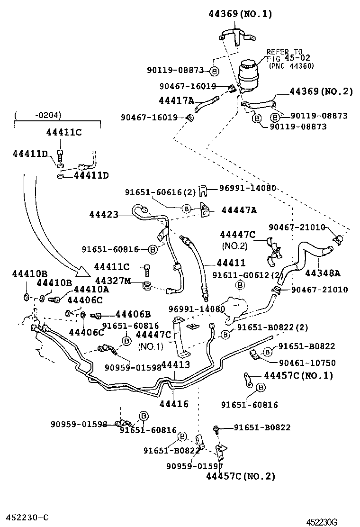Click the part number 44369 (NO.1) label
pyautogui.click(x=240, y=14)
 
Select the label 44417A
pyautogui.click(x=176, y=100)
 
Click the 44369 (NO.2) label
pyautogui.click(x=321, y=91)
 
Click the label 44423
pyautogui.click(x=103, y=214)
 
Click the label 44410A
pyautogui.click(x=91, y=289)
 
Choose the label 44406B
pyautogui.click(x=133, y=314)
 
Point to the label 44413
pyautogui.click(x=175, y=364)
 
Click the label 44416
pyautogui.click(x=174, y=404)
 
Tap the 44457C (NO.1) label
pyautogui.click(x=298, y=375)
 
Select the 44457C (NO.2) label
pyautogui.click(x=240, y=476)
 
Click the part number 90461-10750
pyautogui.click(x=306, y=363)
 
